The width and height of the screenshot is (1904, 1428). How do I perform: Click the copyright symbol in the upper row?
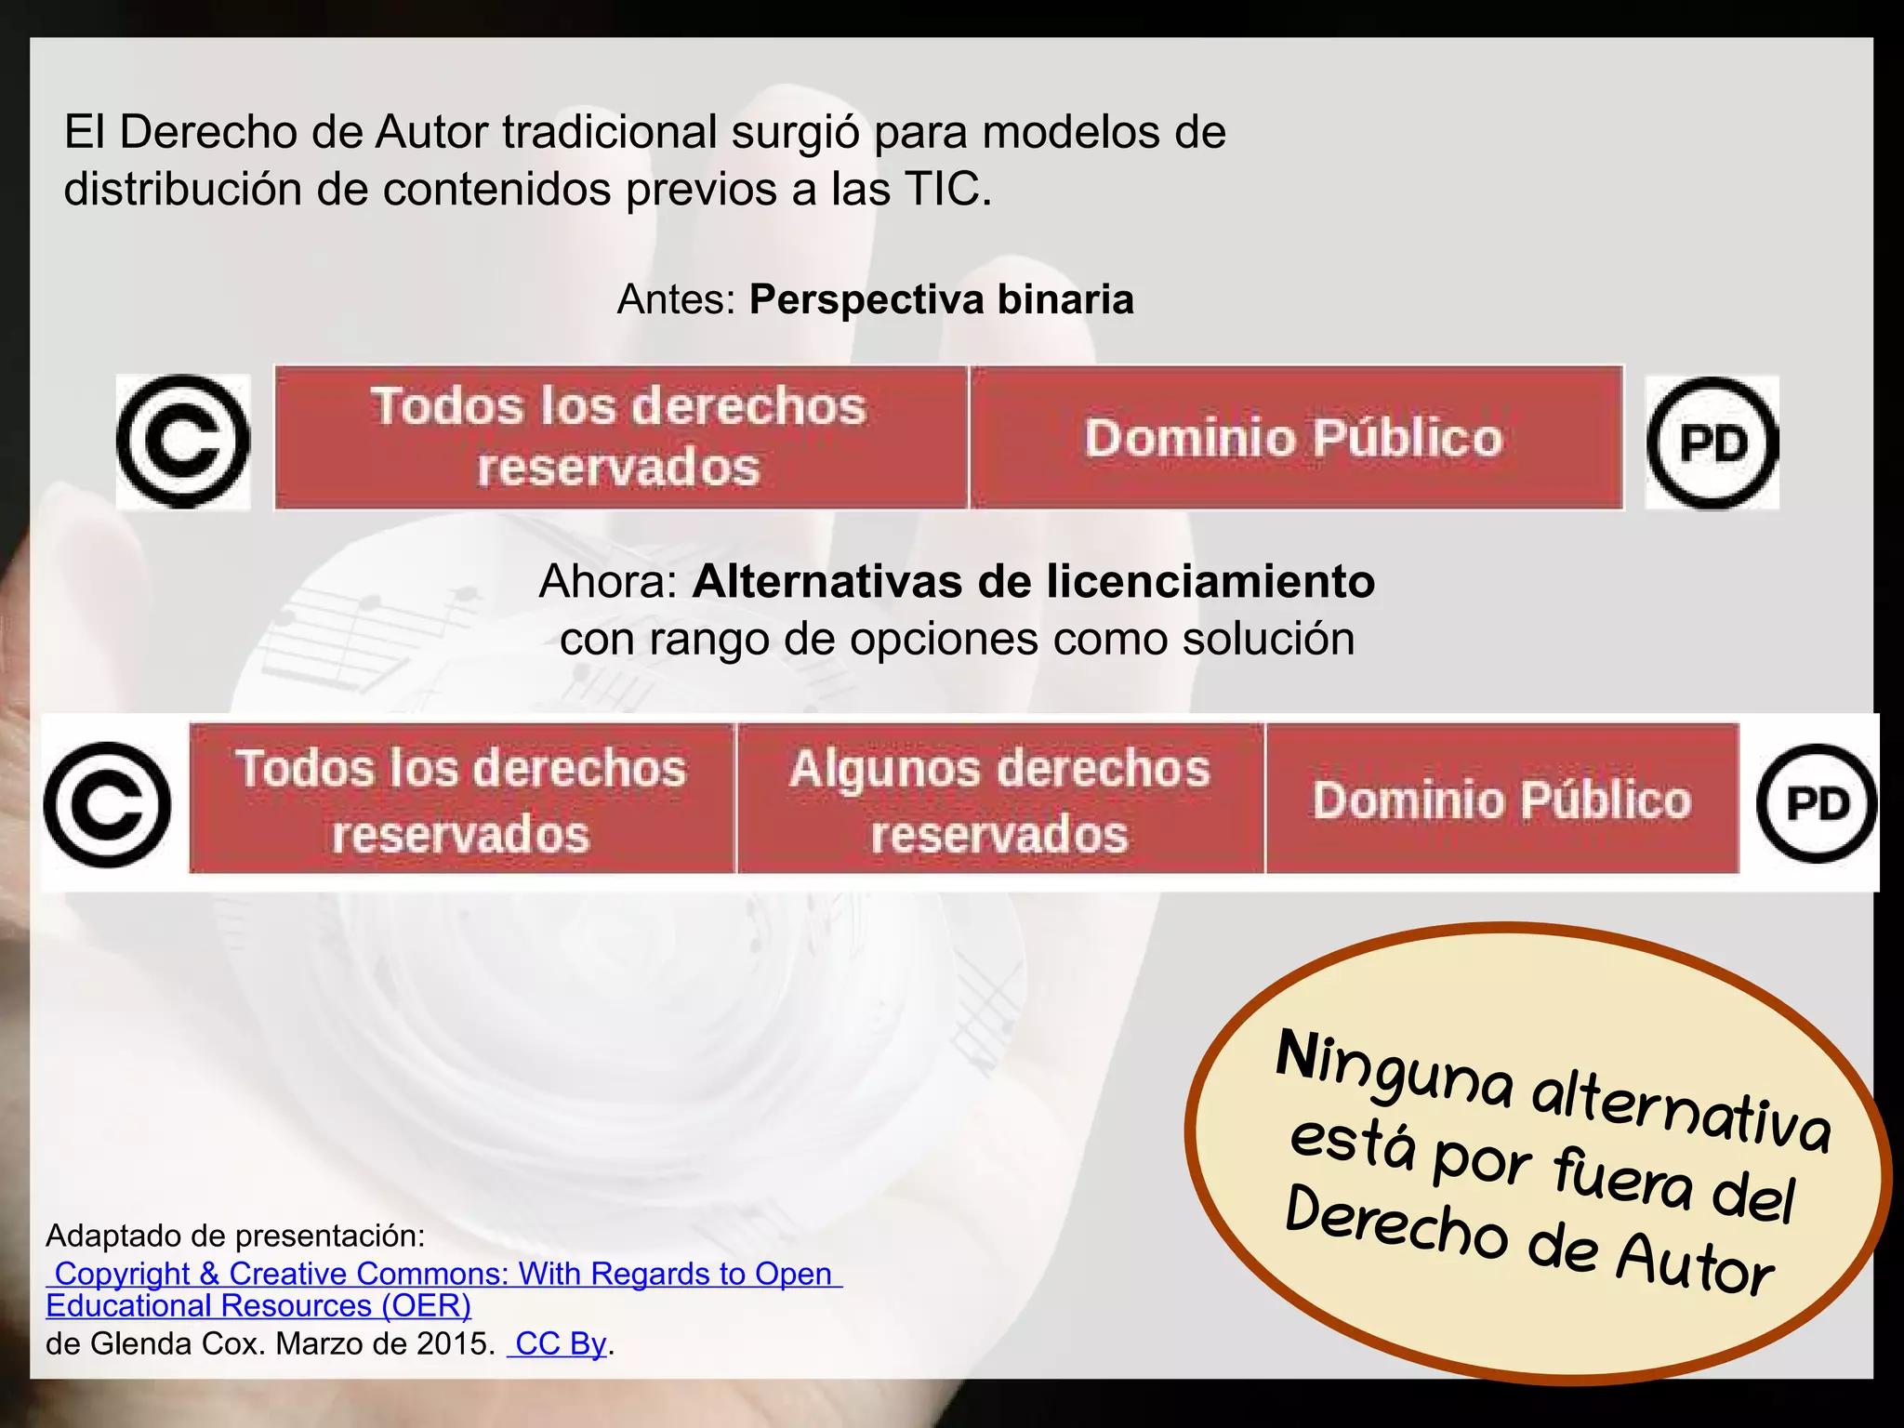pyautogui.click(x=183, y=442)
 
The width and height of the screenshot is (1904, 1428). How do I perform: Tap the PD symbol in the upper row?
pyautogui.click(x=1712, y=443)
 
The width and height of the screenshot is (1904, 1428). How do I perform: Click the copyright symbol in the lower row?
pyautogui.click(x=108, y=804)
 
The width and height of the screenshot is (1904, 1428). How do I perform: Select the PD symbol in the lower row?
pyautogui.click(x=1816, y=803)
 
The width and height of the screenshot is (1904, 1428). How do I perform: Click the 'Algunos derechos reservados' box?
pyautogui.click(x=999, y=800)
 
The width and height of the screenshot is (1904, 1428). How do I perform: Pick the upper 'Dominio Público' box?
pyautogui.click(x=1295, y=438)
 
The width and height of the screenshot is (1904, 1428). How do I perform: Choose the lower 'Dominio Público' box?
pyautogui.click(x=1501, y=800)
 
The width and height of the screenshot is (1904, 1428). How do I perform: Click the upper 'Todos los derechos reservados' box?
pyautogui.click(x=620, y=438)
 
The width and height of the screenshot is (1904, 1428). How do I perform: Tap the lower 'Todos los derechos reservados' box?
pyautogui.click(x=461, y=800)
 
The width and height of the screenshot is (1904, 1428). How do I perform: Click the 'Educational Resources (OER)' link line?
pyautogui.click(x=258, y=1306)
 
